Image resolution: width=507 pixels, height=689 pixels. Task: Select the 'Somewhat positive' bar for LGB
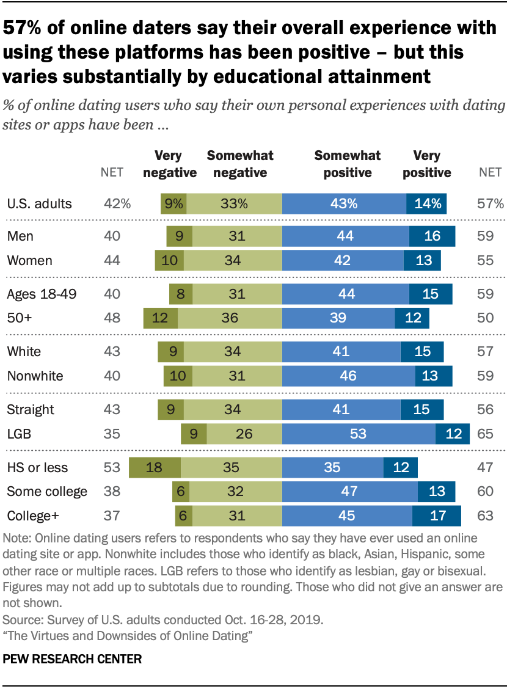[x=359, y=434]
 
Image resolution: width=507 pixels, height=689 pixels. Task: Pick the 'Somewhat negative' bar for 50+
[x=230, y=318]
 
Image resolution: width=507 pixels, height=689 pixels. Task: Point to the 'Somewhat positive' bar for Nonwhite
[x=348, y=376]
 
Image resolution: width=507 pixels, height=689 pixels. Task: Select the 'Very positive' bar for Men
[x=432, y=236]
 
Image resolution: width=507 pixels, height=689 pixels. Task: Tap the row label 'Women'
[x=29, y=260]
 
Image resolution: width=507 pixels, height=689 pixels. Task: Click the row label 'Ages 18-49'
[x=42, y=294]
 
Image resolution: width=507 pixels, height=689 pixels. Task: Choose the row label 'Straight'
[x=31, y=409]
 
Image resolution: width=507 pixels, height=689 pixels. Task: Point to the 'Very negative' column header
[x=169, y=164]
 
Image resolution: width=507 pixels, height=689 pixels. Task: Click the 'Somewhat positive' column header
[x=348, y=164]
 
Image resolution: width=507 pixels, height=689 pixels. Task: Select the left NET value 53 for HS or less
[x=112, y=468]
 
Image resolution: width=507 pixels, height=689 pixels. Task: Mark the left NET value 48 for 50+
[x=112, y=318]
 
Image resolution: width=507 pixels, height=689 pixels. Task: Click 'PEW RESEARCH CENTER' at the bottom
[x=72, y=659]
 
